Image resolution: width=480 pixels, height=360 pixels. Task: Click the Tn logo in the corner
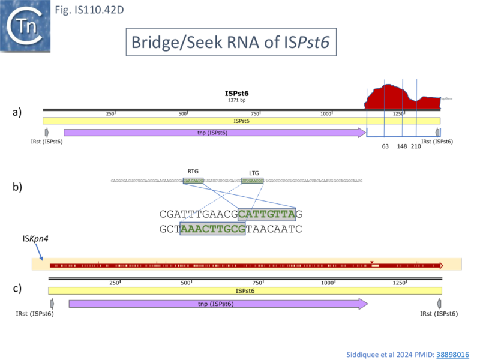point(25,25)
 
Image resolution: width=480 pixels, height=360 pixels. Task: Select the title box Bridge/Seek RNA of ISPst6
point(230,43)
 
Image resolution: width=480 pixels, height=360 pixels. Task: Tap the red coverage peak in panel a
point(402,97)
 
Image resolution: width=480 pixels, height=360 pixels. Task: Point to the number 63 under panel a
point(385,146)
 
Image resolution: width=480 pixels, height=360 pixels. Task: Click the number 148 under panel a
point(402,146)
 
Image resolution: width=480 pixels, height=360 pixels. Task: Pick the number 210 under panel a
point(416,146)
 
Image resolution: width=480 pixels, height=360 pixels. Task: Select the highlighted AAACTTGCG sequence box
point(212,229)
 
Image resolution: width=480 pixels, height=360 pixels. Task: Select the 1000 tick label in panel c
point(327,283)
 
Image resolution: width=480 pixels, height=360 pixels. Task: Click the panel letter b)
point(19,187)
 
